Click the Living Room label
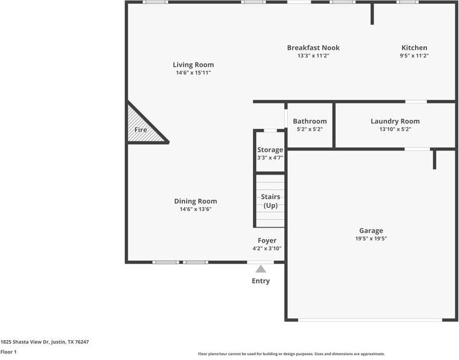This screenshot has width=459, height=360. coord(193,64)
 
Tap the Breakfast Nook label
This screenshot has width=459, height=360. coord(313,48)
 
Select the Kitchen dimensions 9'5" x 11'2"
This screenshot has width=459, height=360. coord(414,55)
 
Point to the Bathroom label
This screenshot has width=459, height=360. coord(310,121)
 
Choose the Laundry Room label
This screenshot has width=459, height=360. coord(395,121)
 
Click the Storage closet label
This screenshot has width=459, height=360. coord(270,150)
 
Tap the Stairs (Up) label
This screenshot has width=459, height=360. coord(270,201)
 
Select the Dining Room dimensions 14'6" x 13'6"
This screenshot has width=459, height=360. coord(195,209)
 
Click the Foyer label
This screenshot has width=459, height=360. coord(267,240)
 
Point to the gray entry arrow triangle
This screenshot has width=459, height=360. coord(261,269)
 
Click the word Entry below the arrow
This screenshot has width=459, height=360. coord(261,281)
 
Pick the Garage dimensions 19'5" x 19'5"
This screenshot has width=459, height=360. coord(371,238)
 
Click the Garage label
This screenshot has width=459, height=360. coord(371,231)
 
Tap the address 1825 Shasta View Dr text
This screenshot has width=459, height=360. coord(45,341)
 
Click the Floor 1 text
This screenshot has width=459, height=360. coord(8,352)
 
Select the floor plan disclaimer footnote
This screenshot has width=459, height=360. coord(292,354)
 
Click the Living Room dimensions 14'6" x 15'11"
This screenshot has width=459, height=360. coord(193,72)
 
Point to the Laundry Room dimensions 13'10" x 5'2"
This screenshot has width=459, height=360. coord(395,129)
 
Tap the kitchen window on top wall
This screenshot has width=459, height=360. coord(407,2)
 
